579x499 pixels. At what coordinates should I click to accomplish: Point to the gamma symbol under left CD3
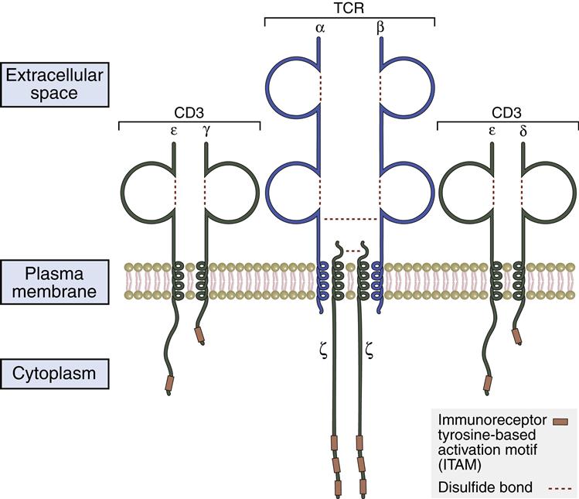(206, 132)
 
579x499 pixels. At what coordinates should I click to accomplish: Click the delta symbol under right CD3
(523, 132)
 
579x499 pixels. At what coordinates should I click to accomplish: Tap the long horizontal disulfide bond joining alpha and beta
(350, 219)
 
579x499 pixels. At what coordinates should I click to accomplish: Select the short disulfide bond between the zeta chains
(350, 250)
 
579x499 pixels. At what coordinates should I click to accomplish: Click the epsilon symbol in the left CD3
(174, 132)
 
